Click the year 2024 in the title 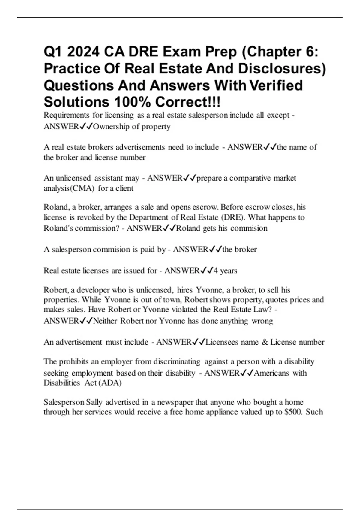click(83, 52)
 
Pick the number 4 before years click(216, 271)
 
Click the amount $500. click(292, 412)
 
